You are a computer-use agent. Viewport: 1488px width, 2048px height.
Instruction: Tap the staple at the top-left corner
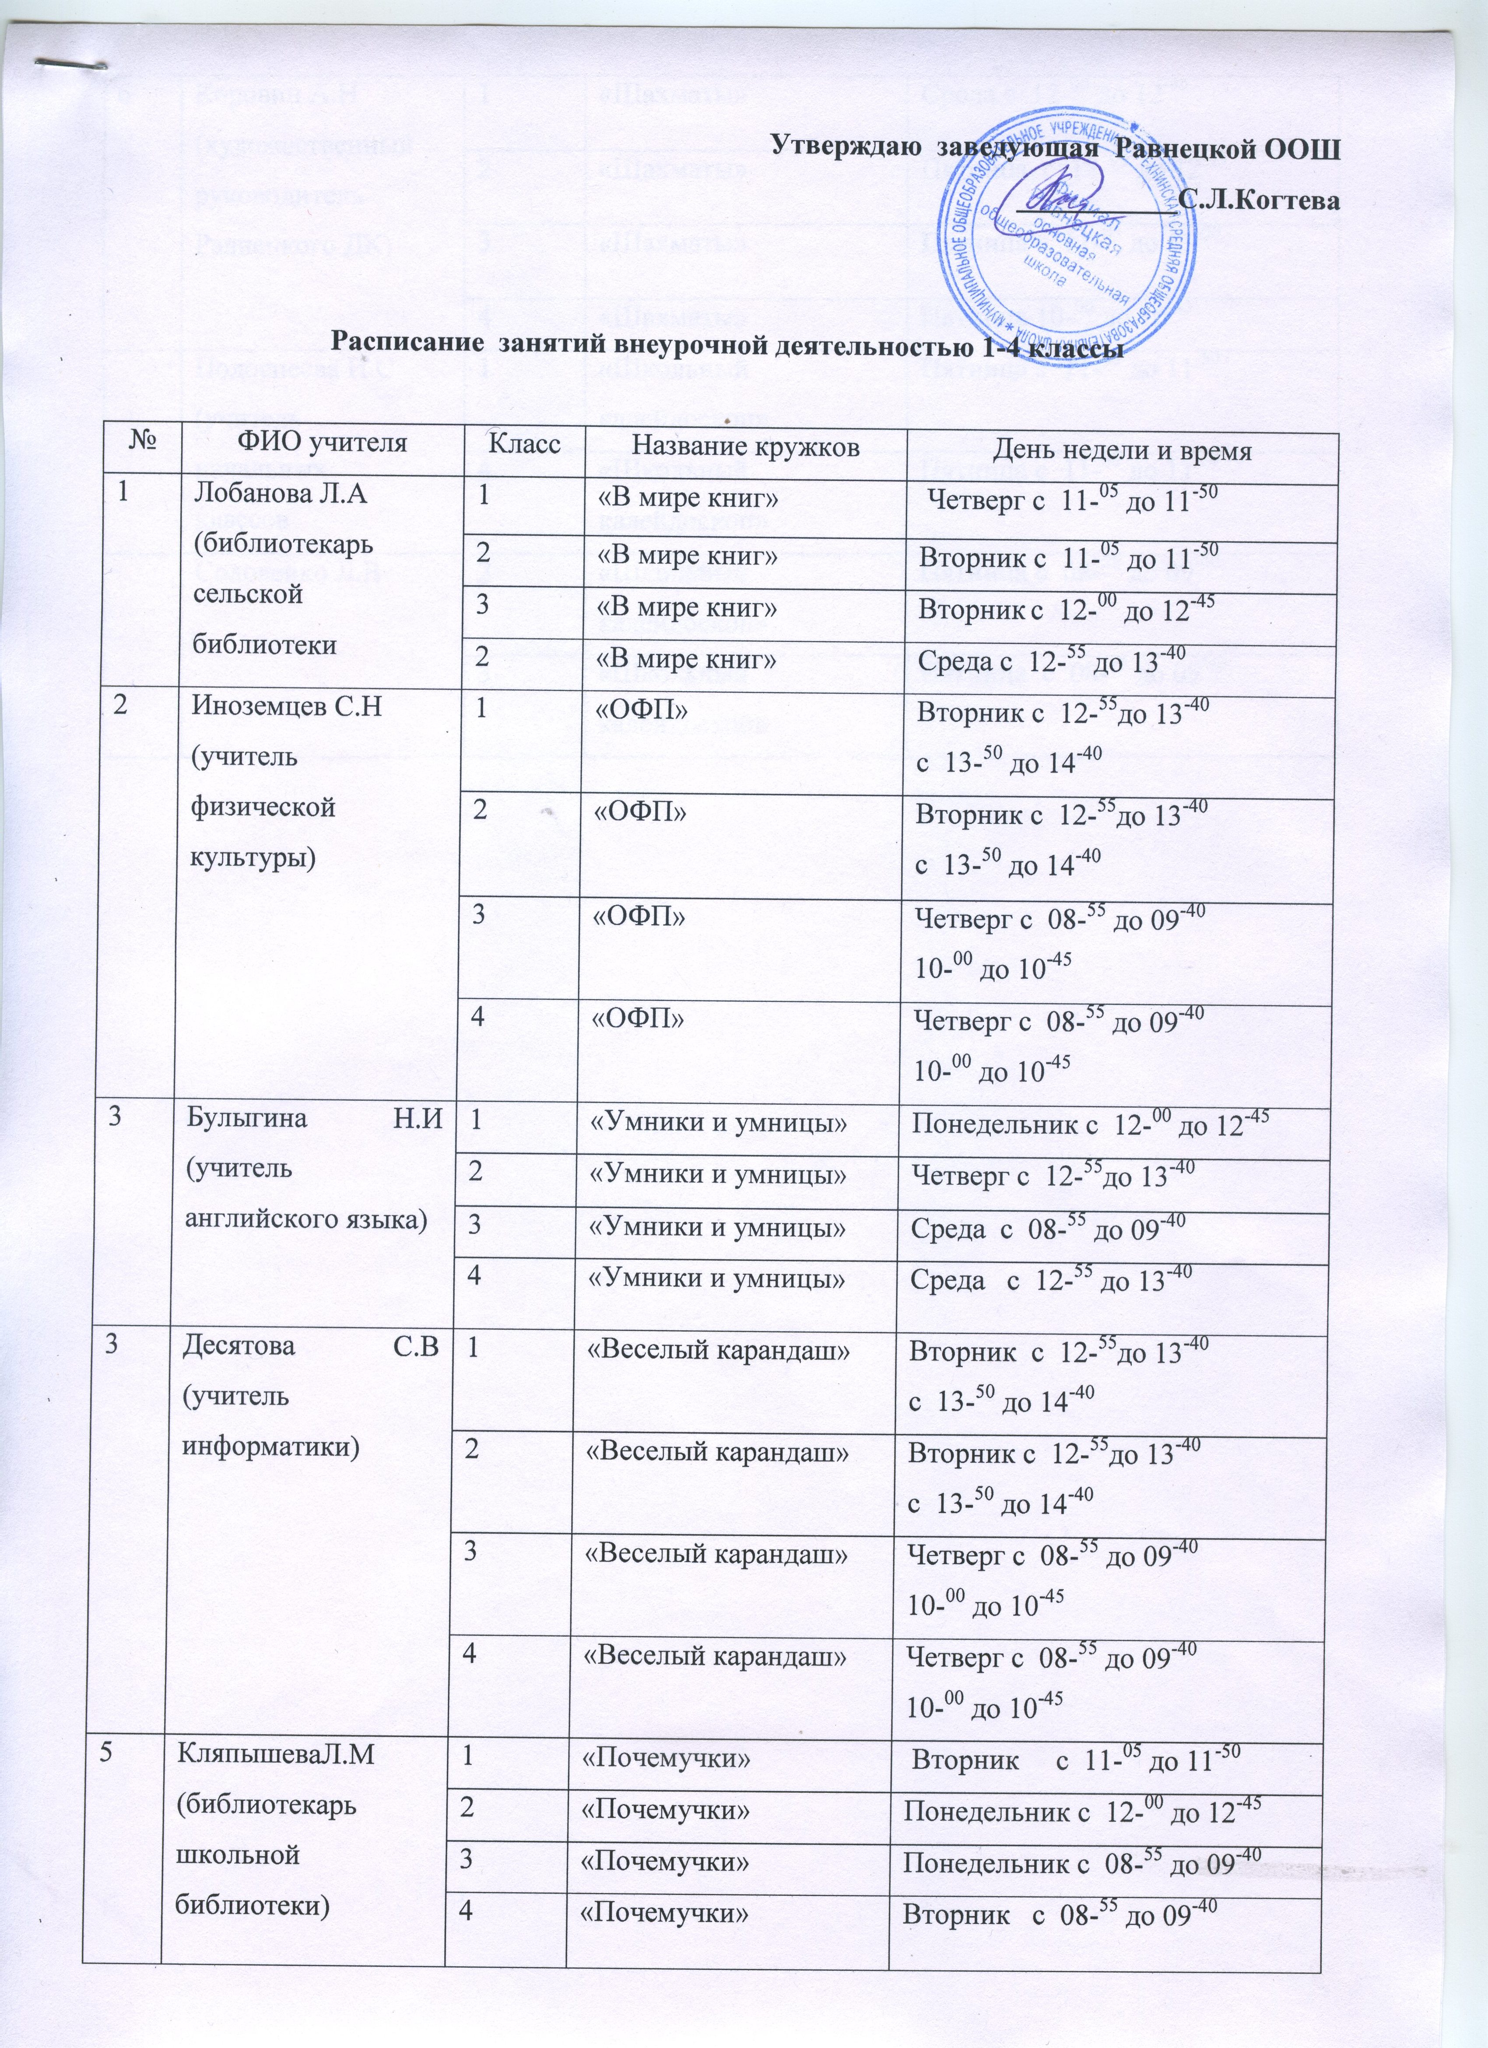[68, 63]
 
